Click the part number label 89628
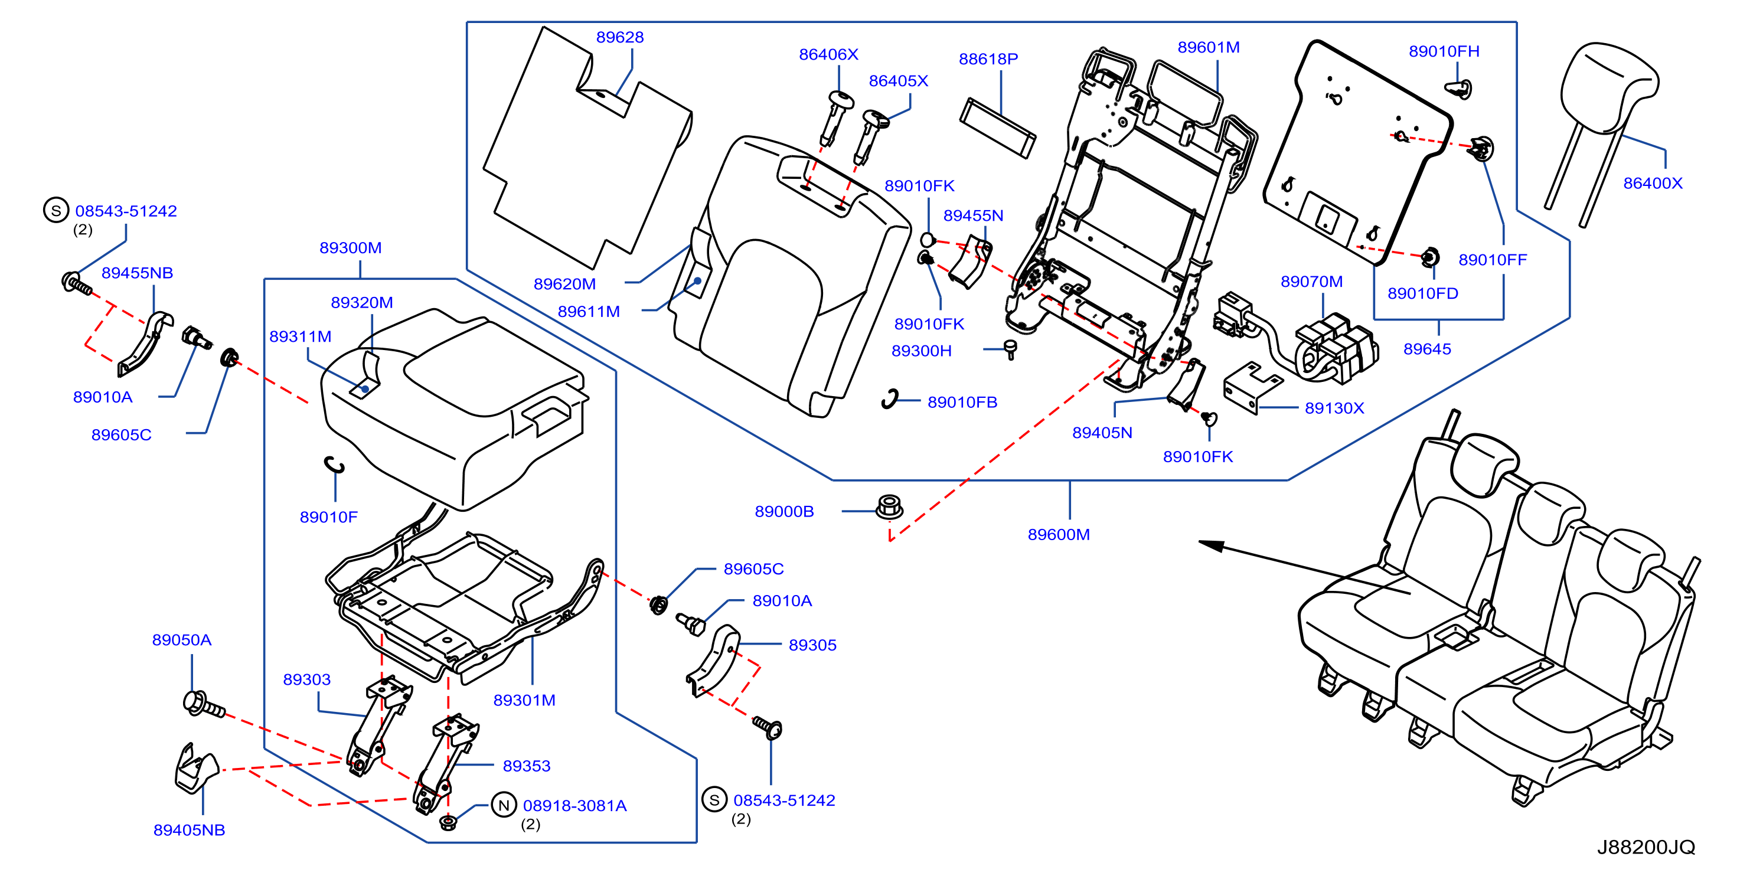(619, 37)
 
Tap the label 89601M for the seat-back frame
(1208, 47)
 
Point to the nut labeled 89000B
(889, 507)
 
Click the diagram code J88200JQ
(1646, 847)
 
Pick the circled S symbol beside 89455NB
(56, 210)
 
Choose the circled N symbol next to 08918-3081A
(504, 805)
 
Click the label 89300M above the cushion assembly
(350, 248)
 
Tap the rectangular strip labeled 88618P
(997, 129)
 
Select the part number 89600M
(1058, 534)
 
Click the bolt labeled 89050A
(204, 704)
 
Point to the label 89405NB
(189, 830)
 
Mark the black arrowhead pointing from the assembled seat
(1212, 545)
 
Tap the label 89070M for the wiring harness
(1311, 282)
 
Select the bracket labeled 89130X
(1252, 388)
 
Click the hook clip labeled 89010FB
(890, 399)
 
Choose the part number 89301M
(524, 700)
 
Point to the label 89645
(1427, 349)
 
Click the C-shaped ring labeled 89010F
(334, 465)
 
